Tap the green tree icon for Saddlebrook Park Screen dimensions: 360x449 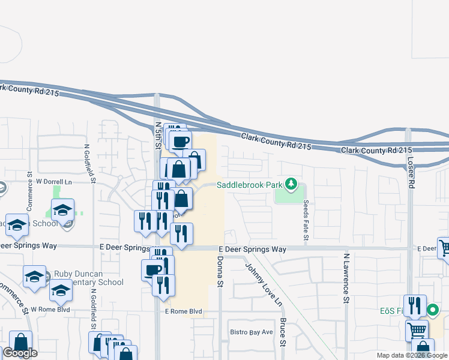(x=292, y=183)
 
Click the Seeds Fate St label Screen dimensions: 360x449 (x=306, y=221)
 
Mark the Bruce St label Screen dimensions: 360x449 (x=283, y=332)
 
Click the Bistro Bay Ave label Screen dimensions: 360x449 (x=252, y=332)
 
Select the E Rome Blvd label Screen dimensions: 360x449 (x=182, y=312)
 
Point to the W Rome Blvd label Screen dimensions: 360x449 (x=51, y=310)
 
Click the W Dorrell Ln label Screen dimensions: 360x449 (x=54, y=181)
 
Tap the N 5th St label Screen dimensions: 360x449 (x=158, y=136)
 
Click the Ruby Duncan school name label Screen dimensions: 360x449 (x=88, y=277)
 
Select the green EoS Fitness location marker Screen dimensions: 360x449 (x=432, y=311)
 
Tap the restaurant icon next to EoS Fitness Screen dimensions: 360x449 (x=415, y=305)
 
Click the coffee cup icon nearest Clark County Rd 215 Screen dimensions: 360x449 (x=181, y=142)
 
